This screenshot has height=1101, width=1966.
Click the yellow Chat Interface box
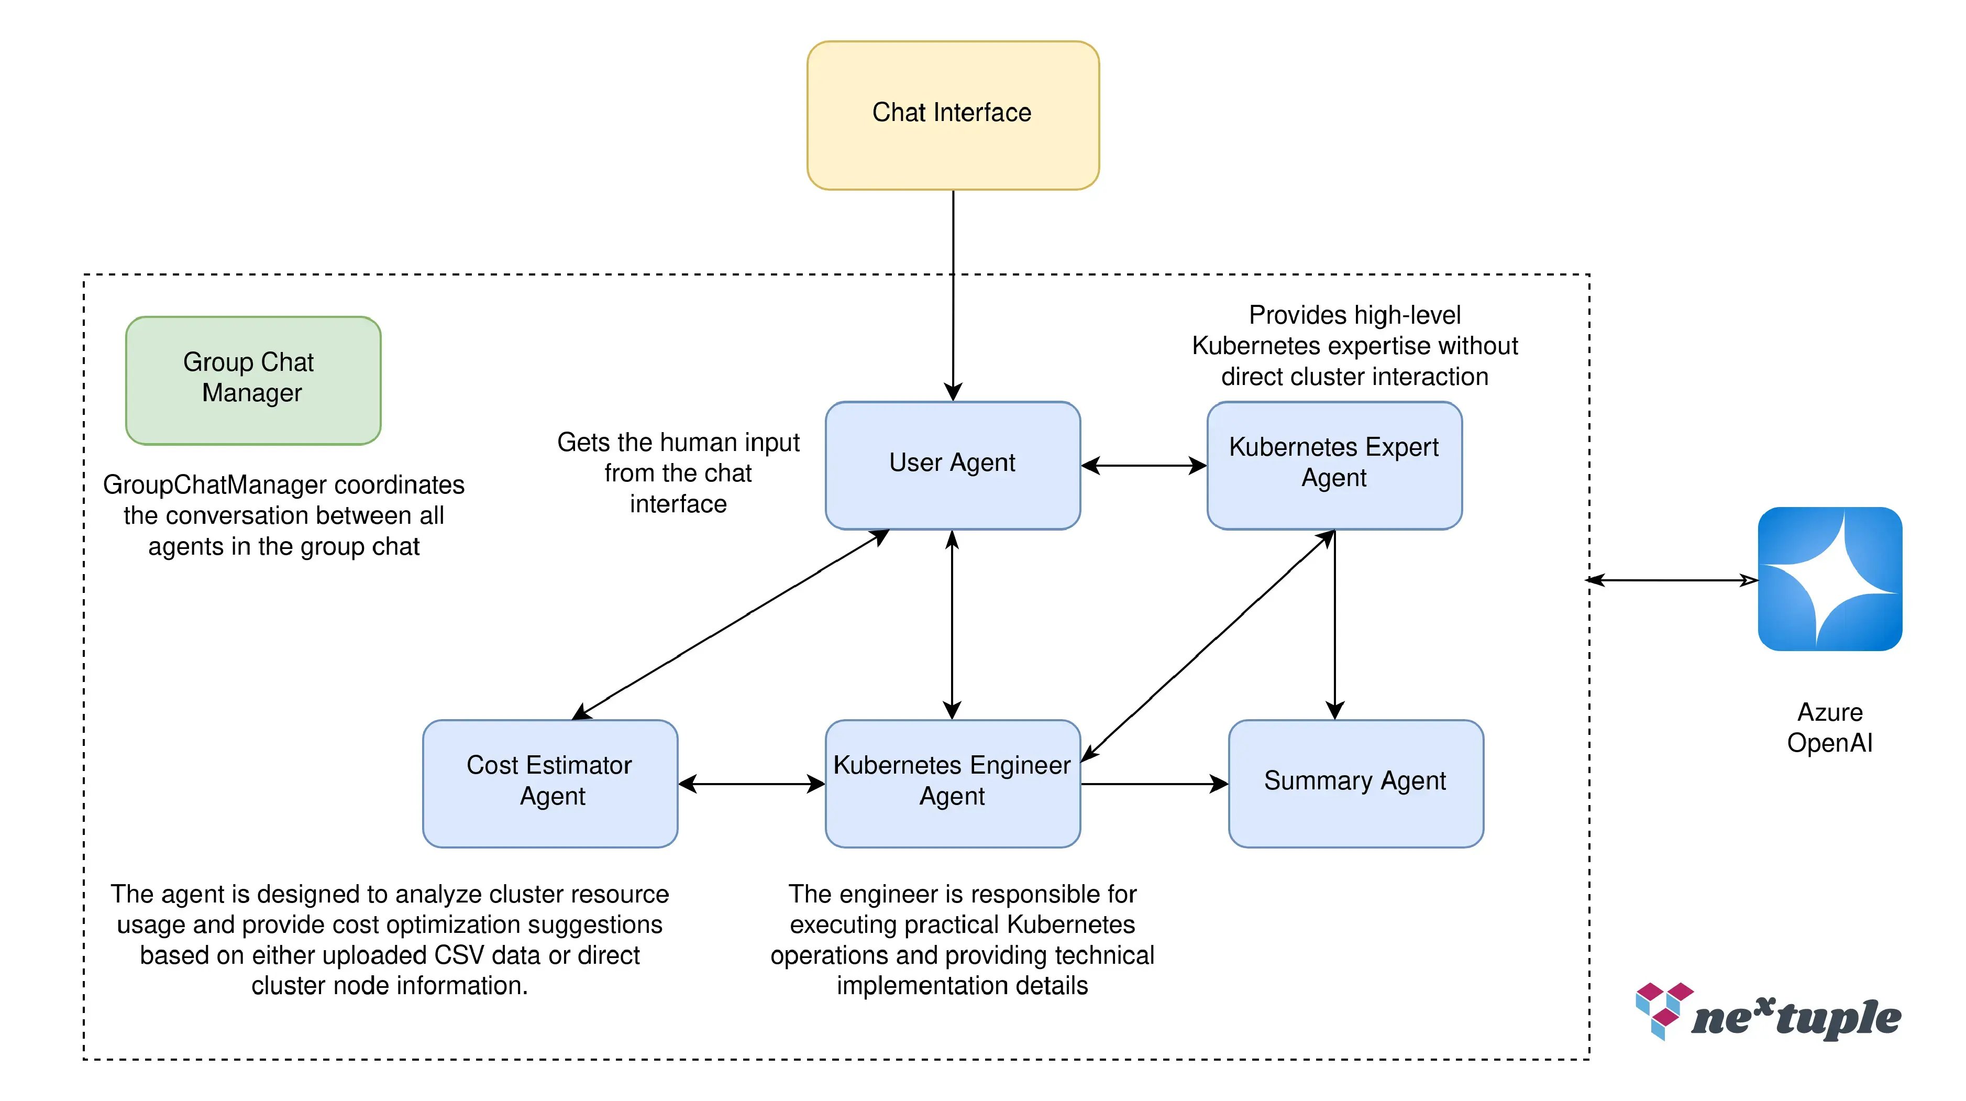tap(953, 115)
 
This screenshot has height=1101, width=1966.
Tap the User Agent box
tap(953, 464)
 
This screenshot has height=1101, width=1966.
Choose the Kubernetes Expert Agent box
tap(1333, 464)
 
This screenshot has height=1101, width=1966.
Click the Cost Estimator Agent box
tap(549, 783)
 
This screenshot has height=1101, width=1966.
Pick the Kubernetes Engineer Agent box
tap(953, 783)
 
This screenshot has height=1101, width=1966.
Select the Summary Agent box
tap(1355, 783)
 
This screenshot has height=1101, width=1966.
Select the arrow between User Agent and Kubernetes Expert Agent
tap(1143, 465)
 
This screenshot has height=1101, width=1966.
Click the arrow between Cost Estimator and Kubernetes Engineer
tap(751, 784)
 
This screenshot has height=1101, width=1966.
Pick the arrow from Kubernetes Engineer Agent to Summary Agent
tap(1154, 784)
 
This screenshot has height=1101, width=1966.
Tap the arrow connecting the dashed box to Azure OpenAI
tap(1671, 580)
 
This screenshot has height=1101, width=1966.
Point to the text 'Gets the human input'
tap(678, 442)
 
